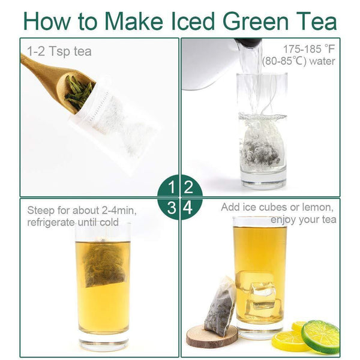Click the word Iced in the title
click(193, 21)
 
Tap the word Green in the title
click(256, 21)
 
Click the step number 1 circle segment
click(168, 186)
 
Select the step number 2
click(189, 187)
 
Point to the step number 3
click(172, 208)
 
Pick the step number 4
click(188, 208)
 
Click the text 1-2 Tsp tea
click(59, 52)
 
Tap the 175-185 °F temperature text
click(309, 49)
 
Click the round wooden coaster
click(212, 336)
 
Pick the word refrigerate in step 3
click(51, 223)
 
